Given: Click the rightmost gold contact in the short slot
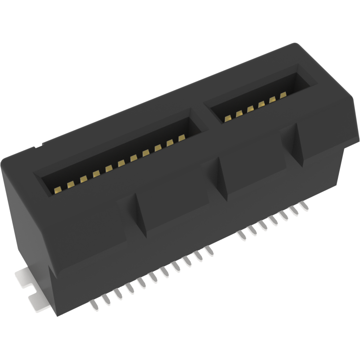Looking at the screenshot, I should click(283, 94).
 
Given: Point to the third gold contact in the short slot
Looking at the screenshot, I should click(250, 109).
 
